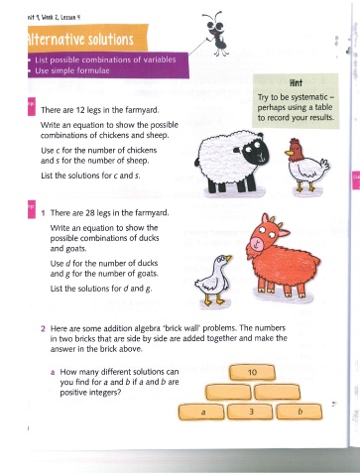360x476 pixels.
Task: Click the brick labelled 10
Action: tap(252, 372)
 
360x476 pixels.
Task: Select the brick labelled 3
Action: tap(250, 412)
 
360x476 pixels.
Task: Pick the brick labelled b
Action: tap(300, 412)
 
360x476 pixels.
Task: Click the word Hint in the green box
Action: tap(296, 82)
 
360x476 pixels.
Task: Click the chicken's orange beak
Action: tap(290, 153)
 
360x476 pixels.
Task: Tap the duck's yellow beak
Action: tap(228, 258)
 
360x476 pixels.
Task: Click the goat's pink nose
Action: tap(256, 244)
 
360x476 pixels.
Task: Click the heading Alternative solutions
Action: tap(80, 40)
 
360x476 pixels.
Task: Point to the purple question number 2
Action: tap(43, 328)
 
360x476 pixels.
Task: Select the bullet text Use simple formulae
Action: tap(72, 70)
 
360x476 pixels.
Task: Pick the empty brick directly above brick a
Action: tap(228, 392)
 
